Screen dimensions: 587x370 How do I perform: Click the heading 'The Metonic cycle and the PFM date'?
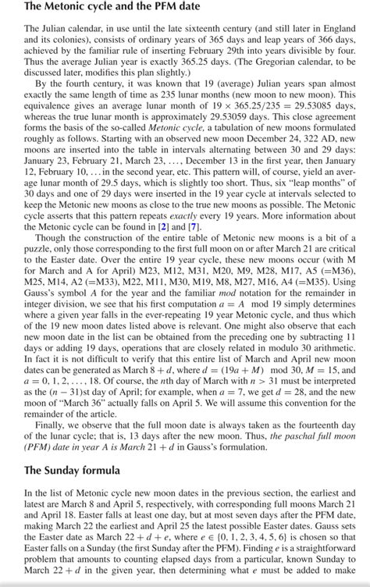pyautogui.click(x=101, y=8)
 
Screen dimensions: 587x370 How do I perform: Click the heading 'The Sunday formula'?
pyautogui.click(x=73, y=471)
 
